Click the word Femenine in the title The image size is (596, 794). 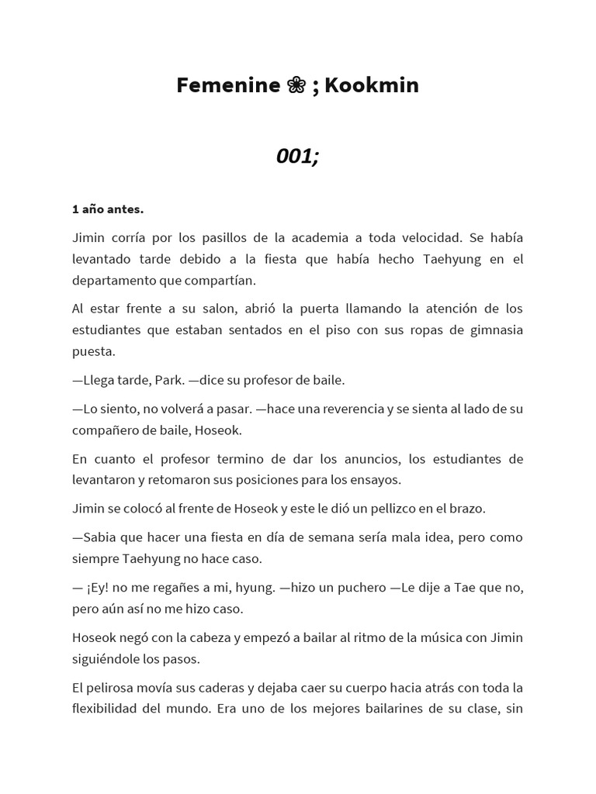(x=227, y=85)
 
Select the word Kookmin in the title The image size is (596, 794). (x=372, y=85)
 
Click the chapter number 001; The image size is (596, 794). (x=298, y=156)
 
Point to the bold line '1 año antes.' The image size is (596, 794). (x=108, y=209)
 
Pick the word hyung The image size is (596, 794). (x=255, y=588)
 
